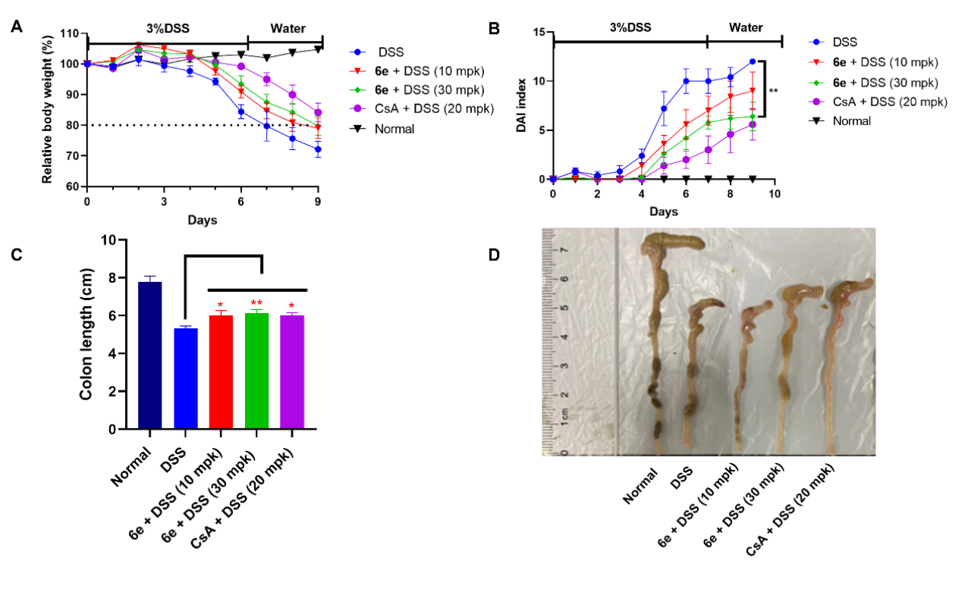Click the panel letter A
(16, 28)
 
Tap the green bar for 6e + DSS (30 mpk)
(256, 371)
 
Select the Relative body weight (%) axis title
(47, 110)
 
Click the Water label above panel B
(746, 27)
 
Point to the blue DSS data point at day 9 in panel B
(752, 62)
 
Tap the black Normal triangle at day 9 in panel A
(318, 50)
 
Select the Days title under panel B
(663, 212)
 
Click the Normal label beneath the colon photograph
(639, 488)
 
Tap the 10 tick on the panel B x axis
(774, 194)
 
